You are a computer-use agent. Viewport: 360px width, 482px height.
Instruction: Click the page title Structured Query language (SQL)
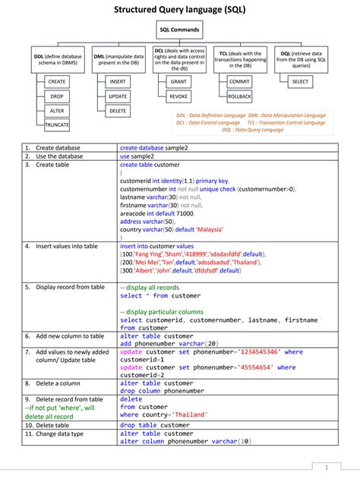[179, 10]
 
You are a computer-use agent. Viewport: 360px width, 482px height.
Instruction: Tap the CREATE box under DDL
[57, 80]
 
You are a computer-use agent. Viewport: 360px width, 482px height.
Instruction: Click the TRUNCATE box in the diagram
[57, 124]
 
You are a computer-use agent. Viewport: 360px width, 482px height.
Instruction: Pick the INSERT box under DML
[118, 80]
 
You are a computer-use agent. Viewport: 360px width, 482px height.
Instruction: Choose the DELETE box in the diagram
[118, 111]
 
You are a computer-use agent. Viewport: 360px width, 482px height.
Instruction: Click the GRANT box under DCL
[178, 80]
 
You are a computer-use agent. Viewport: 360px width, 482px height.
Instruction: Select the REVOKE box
[178, 96]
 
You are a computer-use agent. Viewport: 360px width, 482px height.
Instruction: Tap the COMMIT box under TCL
[239, 80]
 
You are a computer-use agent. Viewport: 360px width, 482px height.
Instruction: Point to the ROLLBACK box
[239, 96]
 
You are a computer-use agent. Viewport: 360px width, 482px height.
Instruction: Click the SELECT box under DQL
[300, 80]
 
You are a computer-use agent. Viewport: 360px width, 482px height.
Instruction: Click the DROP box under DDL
[57, 96]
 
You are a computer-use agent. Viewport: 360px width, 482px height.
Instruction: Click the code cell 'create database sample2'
[154, 147]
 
